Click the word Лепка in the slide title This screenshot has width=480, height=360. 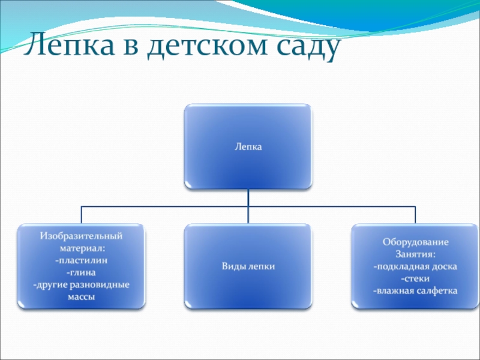coord(68,46)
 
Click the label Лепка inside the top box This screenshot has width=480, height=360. coord(248,146)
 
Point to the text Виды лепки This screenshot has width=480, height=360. coord(248,266)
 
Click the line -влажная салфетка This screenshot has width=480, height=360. coord(415,291)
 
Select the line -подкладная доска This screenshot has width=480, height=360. coord(415,266)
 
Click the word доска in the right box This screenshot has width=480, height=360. coord(444,266)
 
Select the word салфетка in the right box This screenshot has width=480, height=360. coord(434,291)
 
